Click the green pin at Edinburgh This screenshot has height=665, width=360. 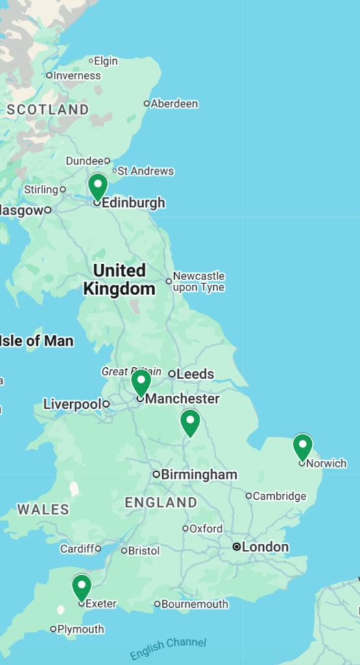click(97, 186)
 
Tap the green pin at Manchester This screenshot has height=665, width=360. click(141, 382)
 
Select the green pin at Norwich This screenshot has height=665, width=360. click(302, 447)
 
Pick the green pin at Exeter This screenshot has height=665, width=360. click(81, 587)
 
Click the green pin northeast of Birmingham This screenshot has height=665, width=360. click(190, 423)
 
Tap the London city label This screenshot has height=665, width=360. click(264, 547)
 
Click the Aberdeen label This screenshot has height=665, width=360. click(174, 103)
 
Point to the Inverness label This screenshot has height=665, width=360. click(77, 75)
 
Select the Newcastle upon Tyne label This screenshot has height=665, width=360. click(198, 281)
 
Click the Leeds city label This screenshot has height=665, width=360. click(195, 374)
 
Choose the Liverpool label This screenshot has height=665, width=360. click(71, 404)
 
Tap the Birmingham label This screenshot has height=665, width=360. click(199, 475)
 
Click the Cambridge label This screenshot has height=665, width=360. click(279, 496)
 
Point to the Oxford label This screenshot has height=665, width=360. click(205, 528)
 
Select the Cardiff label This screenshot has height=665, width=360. click(77, 549)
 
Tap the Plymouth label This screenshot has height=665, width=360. click(81, 629)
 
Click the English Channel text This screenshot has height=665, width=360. click(168, 648)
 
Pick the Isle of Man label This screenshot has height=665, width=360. click(36, 341)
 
